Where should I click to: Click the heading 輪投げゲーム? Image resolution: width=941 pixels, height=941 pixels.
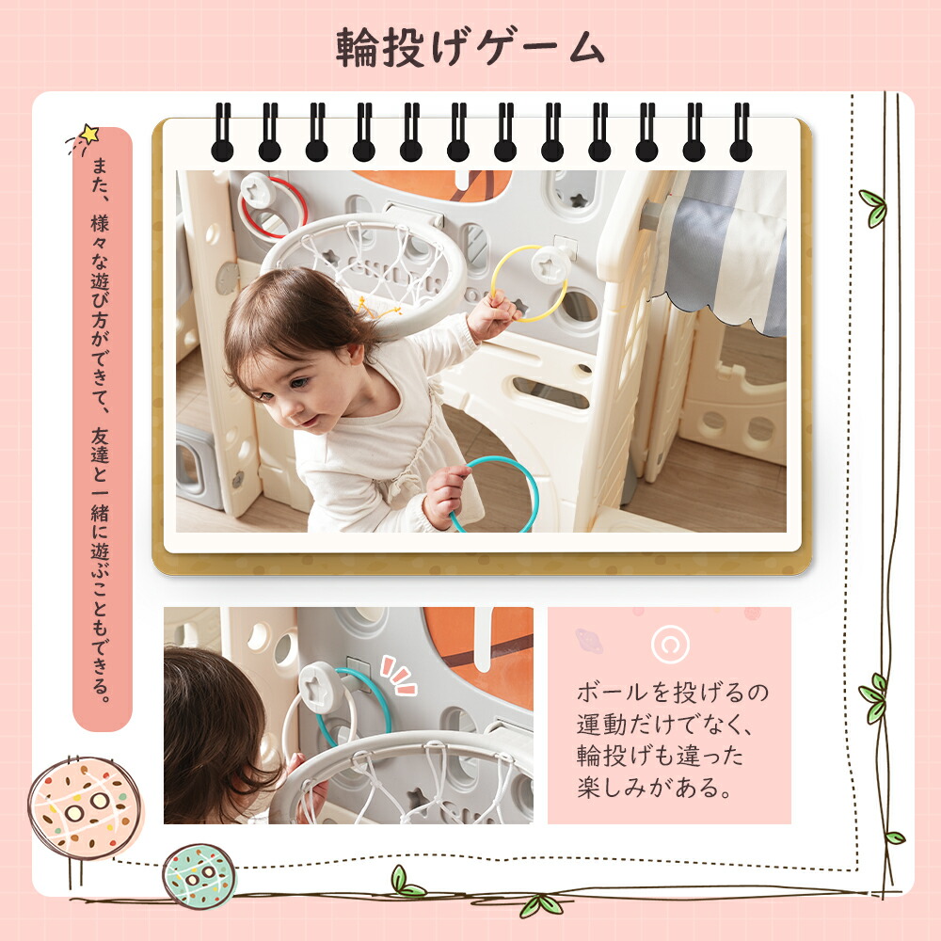[x=470, y=47]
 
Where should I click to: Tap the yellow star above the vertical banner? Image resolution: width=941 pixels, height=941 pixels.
[x=89, y=134]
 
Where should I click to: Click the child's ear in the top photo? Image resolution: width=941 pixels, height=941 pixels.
[x=356, y=356]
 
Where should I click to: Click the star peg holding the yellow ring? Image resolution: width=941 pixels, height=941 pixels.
[x=550, y=265]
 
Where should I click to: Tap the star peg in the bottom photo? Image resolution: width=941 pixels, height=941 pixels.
[x=319, y=688]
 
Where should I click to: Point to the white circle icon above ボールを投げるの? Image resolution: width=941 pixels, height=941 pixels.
[x=670, y=644]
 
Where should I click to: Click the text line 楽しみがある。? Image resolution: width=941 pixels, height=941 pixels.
[x=655, y=788]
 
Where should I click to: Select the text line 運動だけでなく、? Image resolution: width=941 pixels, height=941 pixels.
[x=664, y=725]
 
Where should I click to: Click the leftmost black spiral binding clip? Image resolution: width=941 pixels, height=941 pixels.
[x=222, y=132]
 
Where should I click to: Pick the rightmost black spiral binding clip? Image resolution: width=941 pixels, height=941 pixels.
[x=742, y=132]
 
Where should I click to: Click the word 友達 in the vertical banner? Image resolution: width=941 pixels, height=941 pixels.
[x=100, y=445]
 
